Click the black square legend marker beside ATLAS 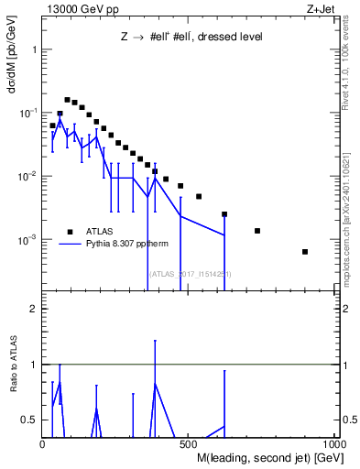pos(71,231)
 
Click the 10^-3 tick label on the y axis pos(27,240)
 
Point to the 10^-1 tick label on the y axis pos(27,113)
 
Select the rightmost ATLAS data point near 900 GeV pos(305,252)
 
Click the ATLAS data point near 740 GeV pos(257,231)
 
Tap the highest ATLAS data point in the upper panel pos(67,100)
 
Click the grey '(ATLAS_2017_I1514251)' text pos(190,274)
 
